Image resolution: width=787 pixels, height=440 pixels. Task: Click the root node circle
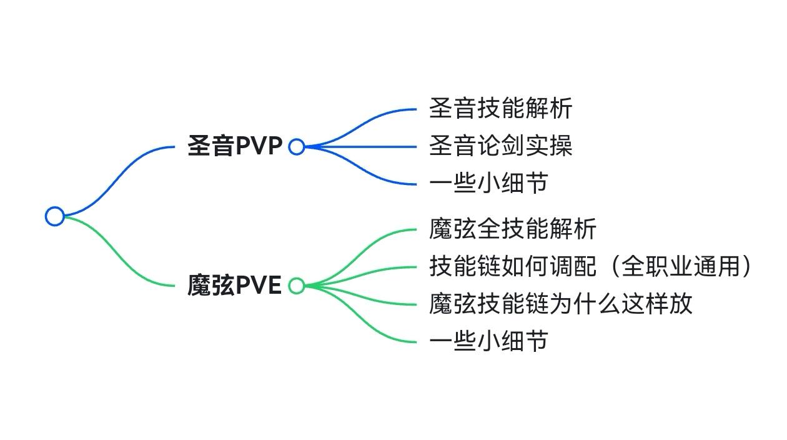click(55, 216)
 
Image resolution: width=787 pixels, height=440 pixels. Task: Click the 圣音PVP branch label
click(235, 147)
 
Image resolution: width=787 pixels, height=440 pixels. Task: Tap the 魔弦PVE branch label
click(235, 286)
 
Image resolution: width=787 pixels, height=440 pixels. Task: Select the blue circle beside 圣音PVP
click(297, 147)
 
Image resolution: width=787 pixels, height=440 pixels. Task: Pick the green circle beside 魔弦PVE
click(297, 286)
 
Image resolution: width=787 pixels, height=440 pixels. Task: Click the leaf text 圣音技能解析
click(500, 109)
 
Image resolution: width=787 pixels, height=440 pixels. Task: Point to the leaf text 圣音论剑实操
click(500, 146)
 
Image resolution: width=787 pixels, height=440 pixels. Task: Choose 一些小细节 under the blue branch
click(488, 183)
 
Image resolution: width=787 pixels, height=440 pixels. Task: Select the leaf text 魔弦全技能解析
click(512, 229)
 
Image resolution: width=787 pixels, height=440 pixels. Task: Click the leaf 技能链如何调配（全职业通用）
click(590, 267)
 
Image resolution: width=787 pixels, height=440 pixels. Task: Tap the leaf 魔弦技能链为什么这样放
click(560, 304)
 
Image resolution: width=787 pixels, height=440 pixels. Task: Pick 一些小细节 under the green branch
click(488, 341)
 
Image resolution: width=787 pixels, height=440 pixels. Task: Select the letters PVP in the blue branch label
click(259, 147)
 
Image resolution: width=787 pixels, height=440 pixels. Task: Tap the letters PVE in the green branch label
click(259, 286)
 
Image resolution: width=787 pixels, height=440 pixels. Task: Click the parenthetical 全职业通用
click(681, 267)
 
